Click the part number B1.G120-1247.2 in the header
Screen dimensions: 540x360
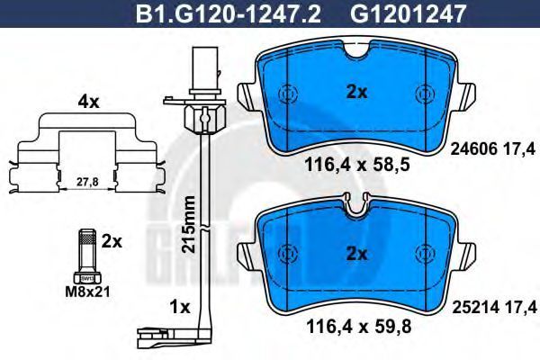pos(229,14)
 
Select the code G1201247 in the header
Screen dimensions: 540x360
pos(409,14)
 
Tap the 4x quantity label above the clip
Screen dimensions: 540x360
pos(88,102)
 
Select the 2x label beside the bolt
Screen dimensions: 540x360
pos(112,242)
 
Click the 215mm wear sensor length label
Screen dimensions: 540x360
pos(189,224)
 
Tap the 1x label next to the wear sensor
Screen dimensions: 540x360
pos(180,308)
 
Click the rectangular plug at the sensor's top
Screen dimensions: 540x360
pos(205,69)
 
